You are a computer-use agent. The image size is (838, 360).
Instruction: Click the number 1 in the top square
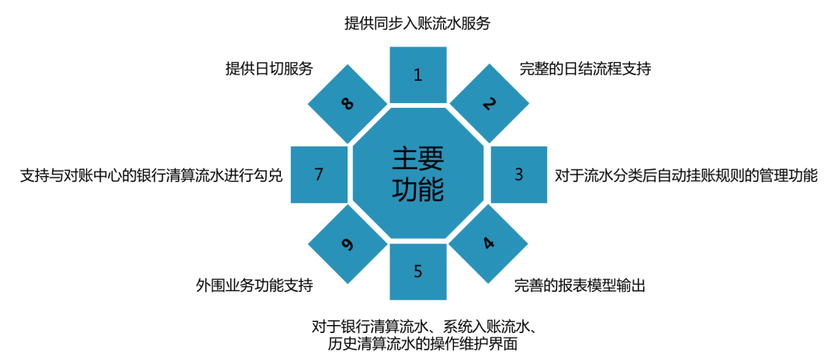click(x=417, y=75)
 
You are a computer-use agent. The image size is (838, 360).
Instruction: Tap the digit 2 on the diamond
click(x=489, y=103)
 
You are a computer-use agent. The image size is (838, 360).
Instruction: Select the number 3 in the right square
click(x=519, y=175)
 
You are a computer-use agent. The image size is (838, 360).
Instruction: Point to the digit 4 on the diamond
click(x=488, y=244)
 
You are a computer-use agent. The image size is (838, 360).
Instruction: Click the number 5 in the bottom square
click(x=417, y=272)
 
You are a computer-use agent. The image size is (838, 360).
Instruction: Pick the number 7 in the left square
click(x=318, y=175)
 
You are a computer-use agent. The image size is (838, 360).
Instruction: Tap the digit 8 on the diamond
click(x=347, y=103)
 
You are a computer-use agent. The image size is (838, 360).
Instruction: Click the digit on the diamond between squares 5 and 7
click(x=347, y=245)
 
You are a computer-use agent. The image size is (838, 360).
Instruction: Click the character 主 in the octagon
click(x=405, y=159)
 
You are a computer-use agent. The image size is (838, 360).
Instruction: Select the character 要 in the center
click(x=431, y=159)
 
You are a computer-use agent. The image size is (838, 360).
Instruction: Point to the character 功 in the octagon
click(x=405, y=190)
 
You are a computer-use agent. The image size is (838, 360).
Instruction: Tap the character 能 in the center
click(x=431, y=190)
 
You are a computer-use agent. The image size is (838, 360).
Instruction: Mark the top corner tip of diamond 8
click(x=347, y=64)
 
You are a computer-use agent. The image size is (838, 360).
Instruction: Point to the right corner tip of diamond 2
click(x=530, y=103)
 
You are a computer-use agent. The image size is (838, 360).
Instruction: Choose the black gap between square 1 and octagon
click(x=417, y=105)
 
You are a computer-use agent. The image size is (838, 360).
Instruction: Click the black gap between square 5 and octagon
click(x=417, y=241)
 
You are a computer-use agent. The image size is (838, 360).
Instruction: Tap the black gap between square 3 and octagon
click(x=487, y=175)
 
